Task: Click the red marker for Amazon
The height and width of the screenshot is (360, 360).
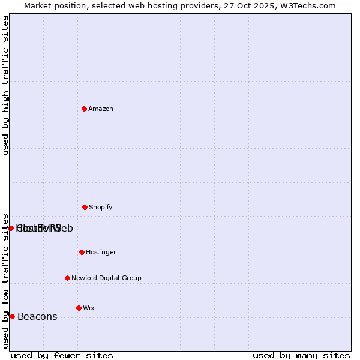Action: pyautogui.click(x=84, y=109)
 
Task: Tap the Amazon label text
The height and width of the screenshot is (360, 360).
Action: pyautogui.click(x=101, y=109)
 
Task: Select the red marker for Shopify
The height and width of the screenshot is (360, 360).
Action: pyautogui.click(x=85, y=207)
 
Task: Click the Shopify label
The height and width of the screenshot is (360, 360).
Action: pyautogui.click(x=101, y=207)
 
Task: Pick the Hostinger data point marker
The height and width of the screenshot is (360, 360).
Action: pyautogui.click(x=82, y=252)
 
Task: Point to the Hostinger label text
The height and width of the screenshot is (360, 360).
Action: pyautogui.click(x=101, y=252)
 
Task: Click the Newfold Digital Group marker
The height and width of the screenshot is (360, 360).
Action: pyautogui.click(x=67, y=278)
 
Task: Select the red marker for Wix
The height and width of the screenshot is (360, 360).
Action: pyautogui.click(x=79, y=308)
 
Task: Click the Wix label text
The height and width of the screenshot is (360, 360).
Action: pyautogui.click(x=89, y=308)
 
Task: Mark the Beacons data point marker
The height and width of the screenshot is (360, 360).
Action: pyautogui.click(x=12, y=316)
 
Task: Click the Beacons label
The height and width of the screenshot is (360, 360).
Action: pyautogui.click(x=37, y=316)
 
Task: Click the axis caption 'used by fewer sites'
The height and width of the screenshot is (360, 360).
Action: pyautogui.click(x=62, y=355)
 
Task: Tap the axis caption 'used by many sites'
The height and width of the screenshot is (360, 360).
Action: pyautogui.click(x=301, y=355)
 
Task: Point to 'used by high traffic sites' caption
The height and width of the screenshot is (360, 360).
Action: pyautogui.click(x=5, y=85)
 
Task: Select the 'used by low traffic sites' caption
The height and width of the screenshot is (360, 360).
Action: pyautogui.click(x=5, y=280)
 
